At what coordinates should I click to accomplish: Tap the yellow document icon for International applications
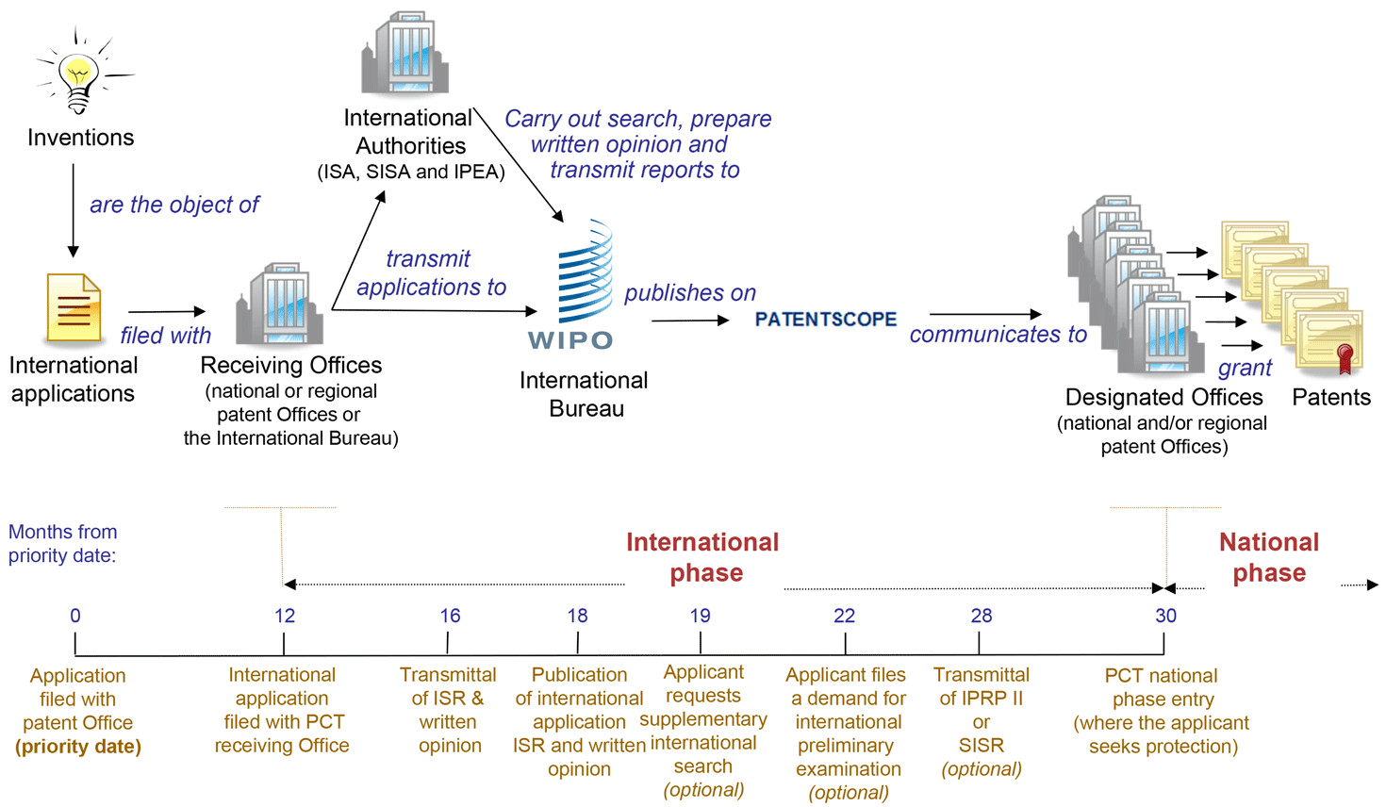[74, 307]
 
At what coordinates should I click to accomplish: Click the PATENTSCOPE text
[826, 320]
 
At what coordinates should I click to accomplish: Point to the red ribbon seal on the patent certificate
[1345, 357]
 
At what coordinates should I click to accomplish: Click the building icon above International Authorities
[405, 54]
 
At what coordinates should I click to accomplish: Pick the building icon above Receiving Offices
[281, 304]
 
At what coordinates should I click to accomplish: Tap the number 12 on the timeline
[285, 616]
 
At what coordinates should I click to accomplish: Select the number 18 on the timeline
[577, 616]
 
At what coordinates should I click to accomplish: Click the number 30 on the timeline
[1165, 616]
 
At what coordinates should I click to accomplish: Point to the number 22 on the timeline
[844, 616]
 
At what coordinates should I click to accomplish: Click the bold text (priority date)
[78, 747]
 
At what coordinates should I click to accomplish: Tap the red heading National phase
[1269, 557]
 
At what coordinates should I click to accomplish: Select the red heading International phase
[703, 557]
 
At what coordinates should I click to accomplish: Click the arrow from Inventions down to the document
[73, 209]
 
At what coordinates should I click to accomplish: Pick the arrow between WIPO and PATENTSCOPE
[689, 321]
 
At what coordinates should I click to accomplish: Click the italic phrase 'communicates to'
[998, 335]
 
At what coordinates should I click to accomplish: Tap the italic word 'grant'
[1245, 368]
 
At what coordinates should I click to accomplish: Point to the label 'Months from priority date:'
[62, 544]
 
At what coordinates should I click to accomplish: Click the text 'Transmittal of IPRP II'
[981, 686]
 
